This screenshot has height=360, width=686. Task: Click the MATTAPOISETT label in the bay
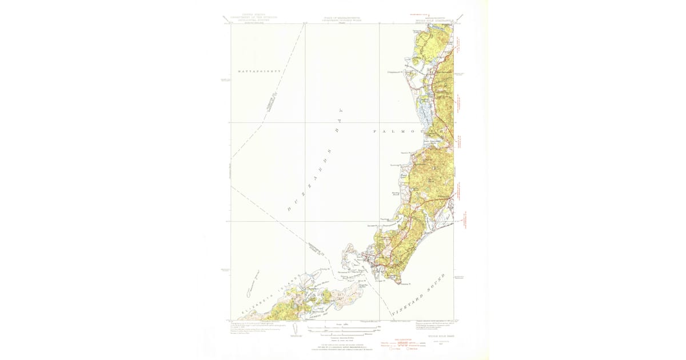tap(257, 71)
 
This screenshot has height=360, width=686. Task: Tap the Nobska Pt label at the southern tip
tap(405, 283)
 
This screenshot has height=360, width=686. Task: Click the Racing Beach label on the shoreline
tap(395, 194)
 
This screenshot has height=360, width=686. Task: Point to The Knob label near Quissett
tap(385, 219)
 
